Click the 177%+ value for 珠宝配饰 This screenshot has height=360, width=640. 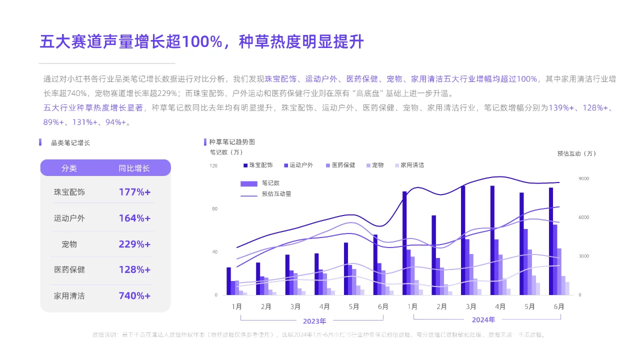click(x=134, y=192)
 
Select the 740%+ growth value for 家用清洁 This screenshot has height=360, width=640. click(x=134, y=295)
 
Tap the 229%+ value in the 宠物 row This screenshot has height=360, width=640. click(x=134, y=244)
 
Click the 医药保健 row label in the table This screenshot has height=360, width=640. click(x=69, y=269)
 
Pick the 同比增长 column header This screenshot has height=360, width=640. click(x=134, y=168)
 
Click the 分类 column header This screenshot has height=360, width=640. click(x=69, y=168)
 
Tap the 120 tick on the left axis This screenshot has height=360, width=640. click(x=213, y=165)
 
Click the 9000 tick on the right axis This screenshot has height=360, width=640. click(x=584, y=178)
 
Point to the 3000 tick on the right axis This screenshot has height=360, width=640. click(x=584, y=256)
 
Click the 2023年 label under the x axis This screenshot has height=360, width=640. click(x=314, y=321)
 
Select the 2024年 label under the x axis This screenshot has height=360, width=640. click(x=483, y=320)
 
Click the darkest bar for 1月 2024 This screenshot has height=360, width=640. click(x=404, y=243)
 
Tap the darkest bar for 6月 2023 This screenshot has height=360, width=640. click(x=375, y=264)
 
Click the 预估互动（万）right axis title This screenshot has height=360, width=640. click(x=576, y=153)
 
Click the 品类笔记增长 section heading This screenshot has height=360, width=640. click(x=70, y=142)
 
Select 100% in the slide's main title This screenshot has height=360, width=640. click(x=201, y=42)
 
